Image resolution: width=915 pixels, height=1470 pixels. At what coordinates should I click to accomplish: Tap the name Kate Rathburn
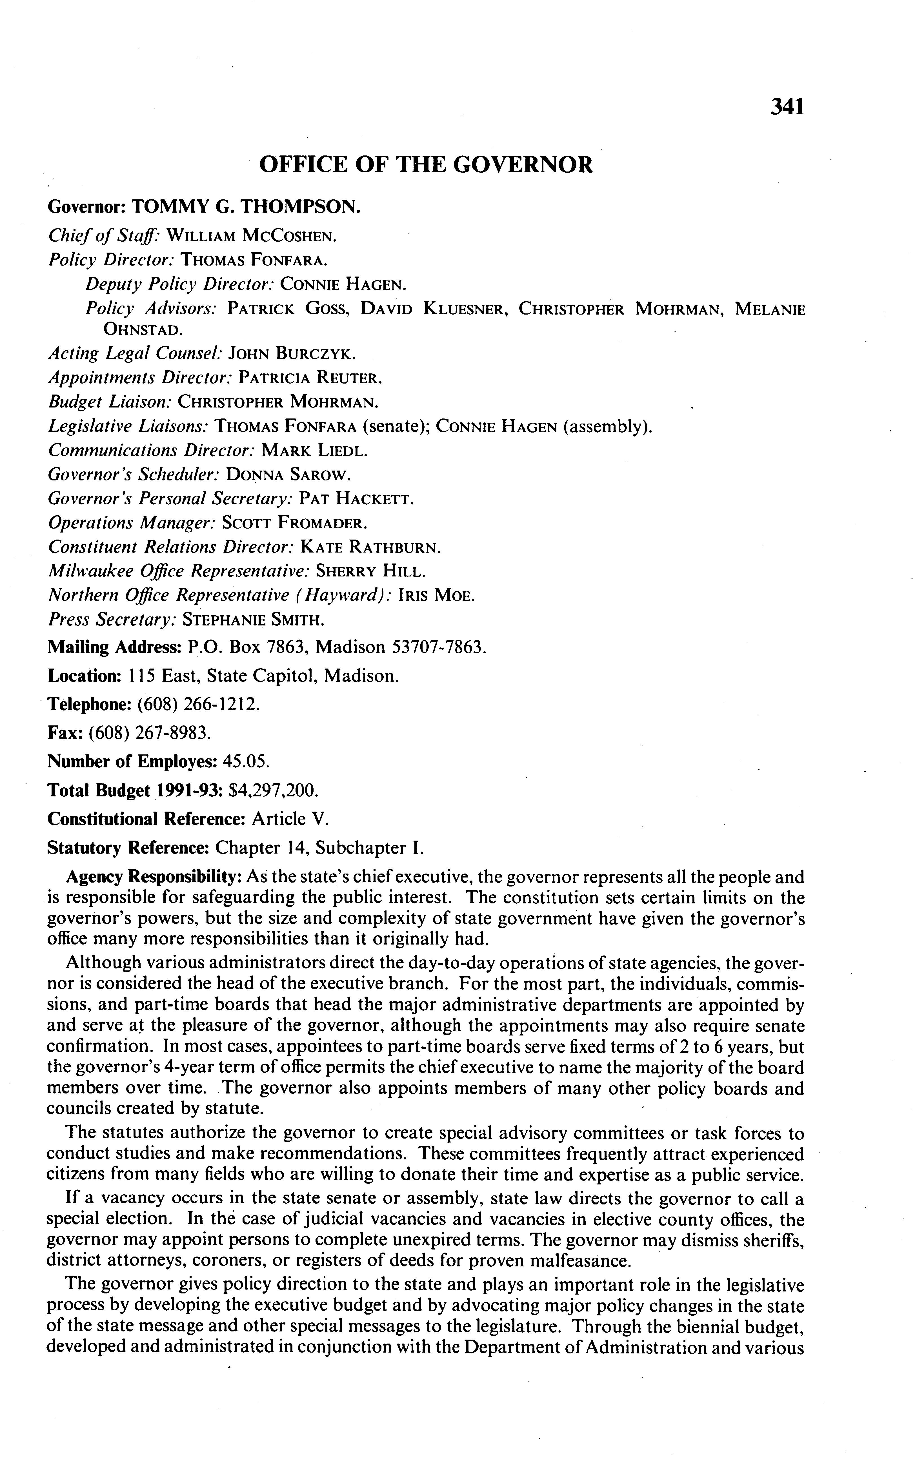click(x=370, y=547)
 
